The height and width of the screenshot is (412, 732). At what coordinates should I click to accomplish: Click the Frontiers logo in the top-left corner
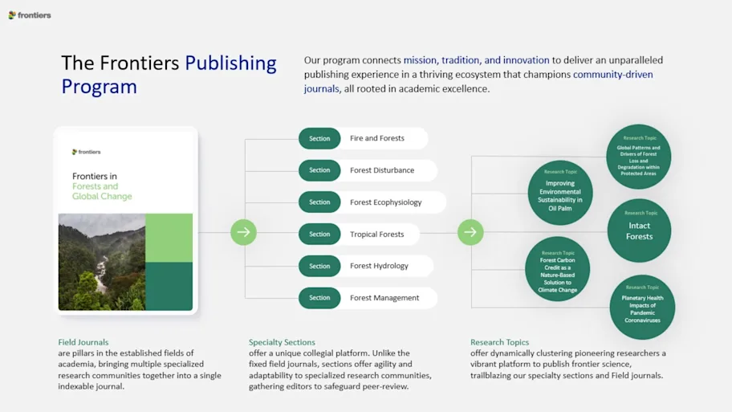30,15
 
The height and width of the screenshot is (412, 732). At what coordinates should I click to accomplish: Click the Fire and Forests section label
376,138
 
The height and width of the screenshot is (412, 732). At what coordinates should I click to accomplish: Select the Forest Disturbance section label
382,170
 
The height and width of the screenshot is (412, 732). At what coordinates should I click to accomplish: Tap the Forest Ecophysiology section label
385,202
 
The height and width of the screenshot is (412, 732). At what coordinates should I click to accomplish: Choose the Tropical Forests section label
376,235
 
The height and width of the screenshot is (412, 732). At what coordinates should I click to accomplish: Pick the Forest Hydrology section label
379,266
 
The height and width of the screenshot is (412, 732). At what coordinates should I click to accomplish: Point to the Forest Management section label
384,298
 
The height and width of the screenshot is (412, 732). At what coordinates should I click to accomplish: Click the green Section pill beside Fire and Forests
319,138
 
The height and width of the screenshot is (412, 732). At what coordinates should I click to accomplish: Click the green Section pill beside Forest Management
319,298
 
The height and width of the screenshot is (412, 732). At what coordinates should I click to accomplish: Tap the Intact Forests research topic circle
640,230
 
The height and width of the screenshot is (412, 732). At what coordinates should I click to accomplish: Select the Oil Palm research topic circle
560,193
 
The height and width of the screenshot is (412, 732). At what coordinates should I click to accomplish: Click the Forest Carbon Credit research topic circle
557,269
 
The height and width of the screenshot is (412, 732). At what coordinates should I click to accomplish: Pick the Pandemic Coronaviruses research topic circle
642,307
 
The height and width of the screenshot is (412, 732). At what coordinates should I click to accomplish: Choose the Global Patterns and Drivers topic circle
638,156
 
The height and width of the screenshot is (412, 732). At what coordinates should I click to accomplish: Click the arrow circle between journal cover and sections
243,233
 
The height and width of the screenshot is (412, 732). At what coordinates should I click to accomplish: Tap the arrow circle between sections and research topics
470,233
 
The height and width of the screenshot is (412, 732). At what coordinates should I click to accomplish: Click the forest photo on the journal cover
101,262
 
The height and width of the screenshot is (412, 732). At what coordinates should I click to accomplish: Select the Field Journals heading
83,342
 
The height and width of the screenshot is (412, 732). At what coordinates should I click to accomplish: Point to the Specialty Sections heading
282,342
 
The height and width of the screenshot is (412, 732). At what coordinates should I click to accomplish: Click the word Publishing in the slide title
230,63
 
